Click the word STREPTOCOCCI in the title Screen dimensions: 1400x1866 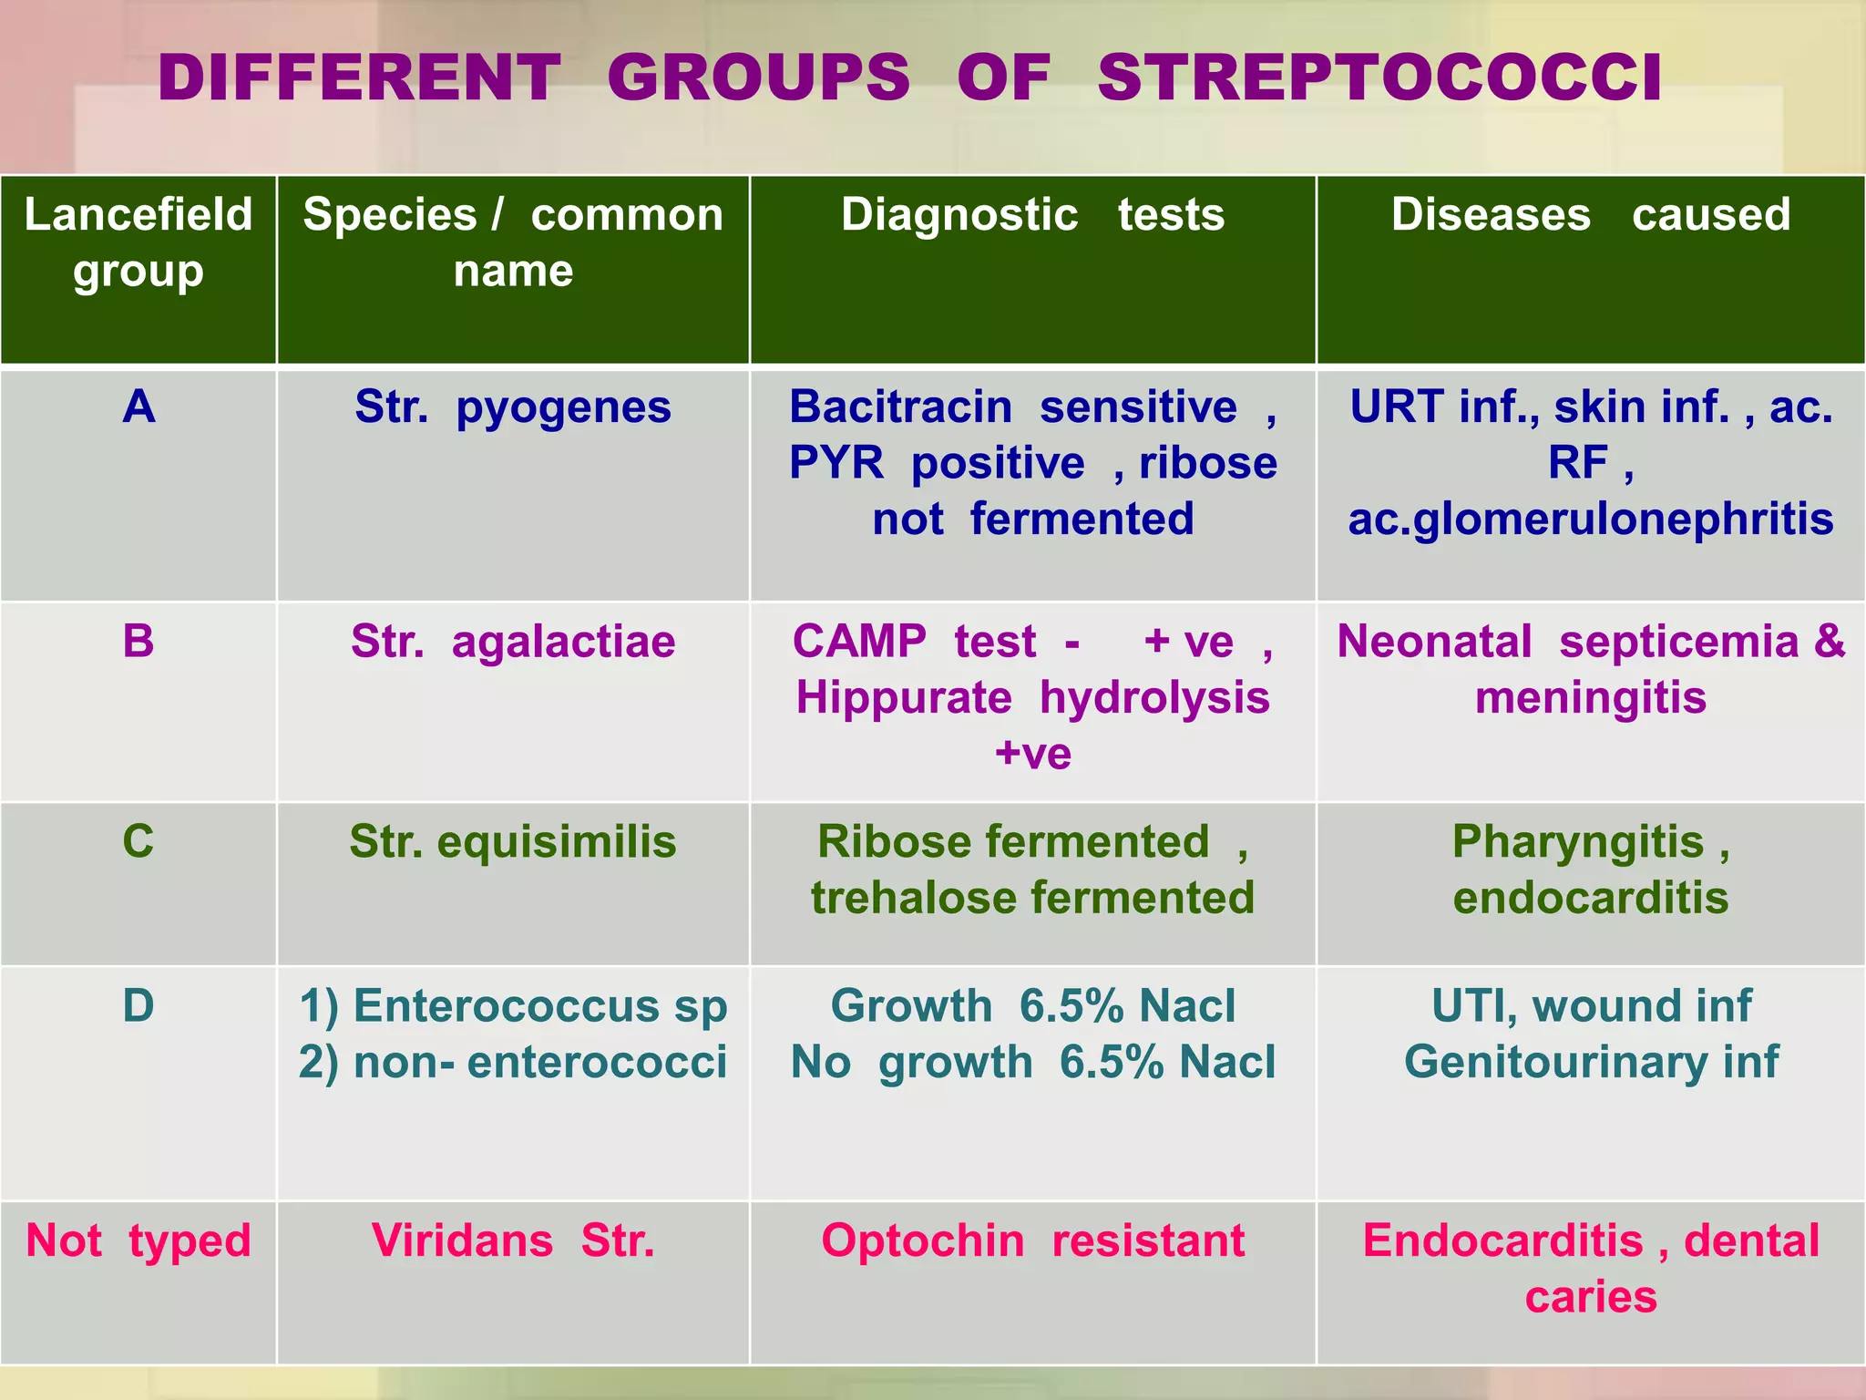point(1379,77)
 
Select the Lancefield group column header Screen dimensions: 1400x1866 point(138,243)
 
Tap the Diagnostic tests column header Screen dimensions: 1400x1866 point(1032,215)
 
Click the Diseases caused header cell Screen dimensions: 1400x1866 point(1591,215)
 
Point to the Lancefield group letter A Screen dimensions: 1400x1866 point(138,407)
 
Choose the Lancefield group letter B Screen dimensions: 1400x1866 point(138,641)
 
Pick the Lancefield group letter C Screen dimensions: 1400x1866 point(138,841)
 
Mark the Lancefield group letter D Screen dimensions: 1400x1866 point(138,1006)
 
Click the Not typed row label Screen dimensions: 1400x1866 point(138,1240)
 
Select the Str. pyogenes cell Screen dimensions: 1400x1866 point(513,407)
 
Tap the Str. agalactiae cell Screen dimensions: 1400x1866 point(513,642)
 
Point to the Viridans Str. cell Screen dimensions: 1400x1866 point(513,1240)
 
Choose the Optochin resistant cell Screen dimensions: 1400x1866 point(1032,1240)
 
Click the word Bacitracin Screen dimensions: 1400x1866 point(900,407)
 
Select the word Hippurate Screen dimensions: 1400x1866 point(904,698)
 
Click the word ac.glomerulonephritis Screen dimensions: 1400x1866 point(1591,520)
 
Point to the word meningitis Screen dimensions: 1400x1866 point(1591,698)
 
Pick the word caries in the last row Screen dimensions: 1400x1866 point(1591,1297)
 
